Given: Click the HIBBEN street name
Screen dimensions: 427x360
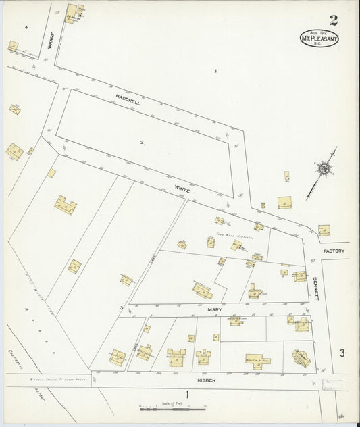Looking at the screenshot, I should tap(206, 381).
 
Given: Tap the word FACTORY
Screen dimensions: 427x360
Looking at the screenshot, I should tap(334, 251).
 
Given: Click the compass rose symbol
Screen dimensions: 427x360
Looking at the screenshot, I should tap(325, 170).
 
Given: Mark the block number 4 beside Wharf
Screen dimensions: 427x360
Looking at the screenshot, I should tap(25, 26).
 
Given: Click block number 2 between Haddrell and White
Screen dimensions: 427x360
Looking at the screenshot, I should tap(143, 142).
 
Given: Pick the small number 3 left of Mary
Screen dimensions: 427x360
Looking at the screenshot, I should tap(122, 309).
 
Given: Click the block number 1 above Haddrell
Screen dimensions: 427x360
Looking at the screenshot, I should tap(215, 72).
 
